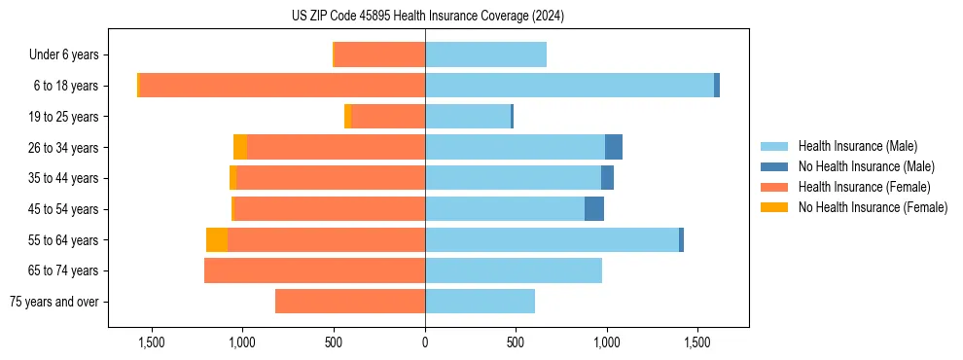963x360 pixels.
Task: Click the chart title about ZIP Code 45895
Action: click(427, 16)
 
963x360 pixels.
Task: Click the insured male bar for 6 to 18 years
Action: click(569, 86)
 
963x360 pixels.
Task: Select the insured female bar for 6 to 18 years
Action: click(282, 86)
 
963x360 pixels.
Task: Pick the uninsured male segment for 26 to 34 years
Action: click(613, 147)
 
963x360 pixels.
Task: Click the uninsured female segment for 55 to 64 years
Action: click(217, 240)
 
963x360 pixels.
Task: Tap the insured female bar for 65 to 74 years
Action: click(314, 270)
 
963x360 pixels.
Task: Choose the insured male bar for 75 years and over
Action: click(480, 302)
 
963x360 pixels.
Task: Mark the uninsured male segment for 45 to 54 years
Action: click(593, 209)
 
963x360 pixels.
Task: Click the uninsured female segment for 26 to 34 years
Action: click(240, 147)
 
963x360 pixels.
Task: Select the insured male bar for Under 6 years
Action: click(485, 55)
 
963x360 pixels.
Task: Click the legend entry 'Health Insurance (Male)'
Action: click(857, 146)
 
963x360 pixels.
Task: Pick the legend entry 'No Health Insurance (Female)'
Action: click(873, 207)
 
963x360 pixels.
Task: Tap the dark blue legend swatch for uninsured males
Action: click(774, 166)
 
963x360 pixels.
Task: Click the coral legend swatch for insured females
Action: click(774, 187)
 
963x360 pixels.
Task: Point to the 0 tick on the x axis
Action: click(425, 342)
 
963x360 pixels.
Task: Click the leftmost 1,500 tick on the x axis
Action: click(151, 342)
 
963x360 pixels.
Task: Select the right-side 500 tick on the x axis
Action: click(516, 342)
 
